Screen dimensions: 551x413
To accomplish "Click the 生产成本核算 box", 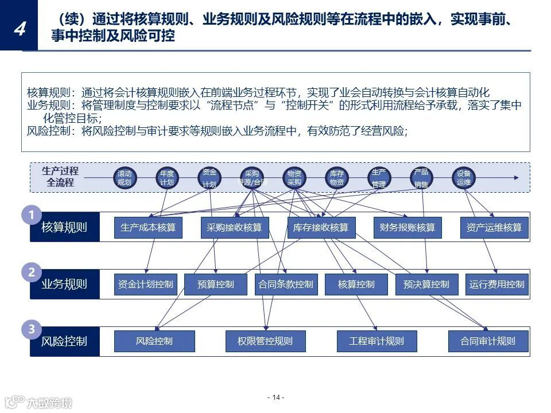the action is (x=148, y=228).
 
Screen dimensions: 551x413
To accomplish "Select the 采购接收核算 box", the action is (x=234, y=228).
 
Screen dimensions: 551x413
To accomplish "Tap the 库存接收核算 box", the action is (x=321, y=228).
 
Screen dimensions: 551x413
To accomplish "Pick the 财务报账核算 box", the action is (x=407, y=228).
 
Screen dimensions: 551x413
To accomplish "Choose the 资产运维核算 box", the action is (x=494, y=228).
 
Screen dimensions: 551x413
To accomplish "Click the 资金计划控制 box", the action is (x=145, y=284).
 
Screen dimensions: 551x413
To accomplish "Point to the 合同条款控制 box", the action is (x=286, y=284).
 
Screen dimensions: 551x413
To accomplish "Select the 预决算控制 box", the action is (x=426, y=284).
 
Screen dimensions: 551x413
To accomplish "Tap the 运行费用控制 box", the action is (x=496, y=284).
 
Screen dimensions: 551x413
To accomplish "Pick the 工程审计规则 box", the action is (x=376, y=341).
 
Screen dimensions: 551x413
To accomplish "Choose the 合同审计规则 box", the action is (x=488, y=341).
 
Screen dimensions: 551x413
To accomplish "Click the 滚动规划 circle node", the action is (x=124, y=178).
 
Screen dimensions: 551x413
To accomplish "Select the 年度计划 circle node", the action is (x=166, y=178).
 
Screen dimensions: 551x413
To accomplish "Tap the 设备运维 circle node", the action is (x=463, y=178).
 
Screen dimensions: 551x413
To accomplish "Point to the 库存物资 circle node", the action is (x=336, y=178).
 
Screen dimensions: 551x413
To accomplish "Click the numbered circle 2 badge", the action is (x=32, y=272).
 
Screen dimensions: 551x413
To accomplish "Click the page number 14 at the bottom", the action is (x=275, y=398).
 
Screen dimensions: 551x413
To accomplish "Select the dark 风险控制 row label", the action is (x=64, y=341).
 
